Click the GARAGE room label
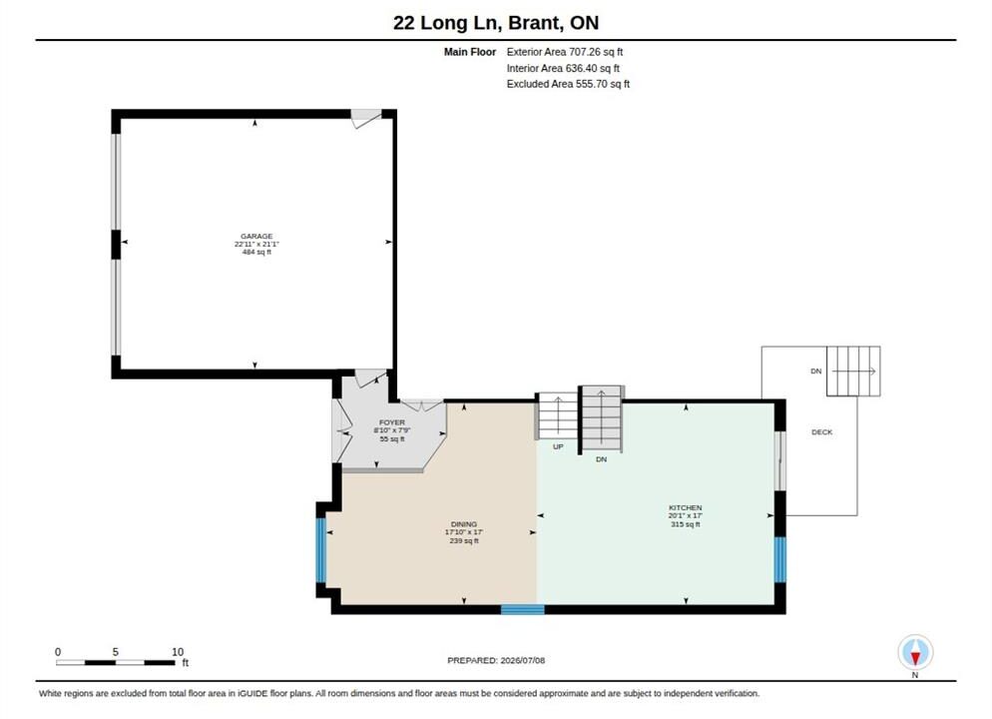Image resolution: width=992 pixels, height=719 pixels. pyautogui.click(x=256, y=236)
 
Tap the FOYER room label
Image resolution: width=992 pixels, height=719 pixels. pyautogui.click(x=391, y=422)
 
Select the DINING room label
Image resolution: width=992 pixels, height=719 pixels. pyautogui.click(x=464, y=524)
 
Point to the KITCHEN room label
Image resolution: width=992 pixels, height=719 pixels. pyautogui.click(x=686, y=507)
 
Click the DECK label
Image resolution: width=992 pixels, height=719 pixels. pyautogui.click(x=821, y=432)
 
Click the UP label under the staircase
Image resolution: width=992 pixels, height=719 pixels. pyautogui.click(x=558, y=446)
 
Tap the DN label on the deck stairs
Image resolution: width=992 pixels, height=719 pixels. pyautogui.click(x=816, y=370)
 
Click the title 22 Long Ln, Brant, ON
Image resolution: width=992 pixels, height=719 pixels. pyautogui.click(x=496, y=23)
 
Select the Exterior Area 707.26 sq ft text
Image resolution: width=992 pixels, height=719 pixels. pyautogui.click(x=564, y=52)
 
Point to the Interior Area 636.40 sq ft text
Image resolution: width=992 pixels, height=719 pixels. pyautogui.click(x=563, y=68)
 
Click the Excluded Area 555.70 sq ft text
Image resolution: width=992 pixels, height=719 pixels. pyautogui.click(x=568, y=84)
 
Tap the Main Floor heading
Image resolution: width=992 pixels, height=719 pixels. pyautogui.click(x=469, y=52)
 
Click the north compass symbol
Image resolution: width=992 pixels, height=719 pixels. pyautogui.click(x=915, y=652)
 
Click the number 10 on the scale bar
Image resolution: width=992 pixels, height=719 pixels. pyautogui.click(x=178, y=651)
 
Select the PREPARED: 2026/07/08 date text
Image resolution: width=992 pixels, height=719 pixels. pyautogui.click(x=496, y=660)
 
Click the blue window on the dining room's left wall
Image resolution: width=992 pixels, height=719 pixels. pyautogui.click(x=320, y=550)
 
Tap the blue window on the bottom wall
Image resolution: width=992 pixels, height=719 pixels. pyautogui.click(x=523, y=609)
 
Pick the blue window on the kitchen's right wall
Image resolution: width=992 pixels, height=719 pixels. pyautogui.click(x=780, y=559)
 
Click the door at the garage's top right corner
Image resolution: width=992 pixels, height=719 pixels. pyautogui.click(x=366, y=118)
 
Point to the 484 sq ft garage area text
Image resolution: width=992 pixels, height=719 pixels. pyautogui.click(x=256, y=252)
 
